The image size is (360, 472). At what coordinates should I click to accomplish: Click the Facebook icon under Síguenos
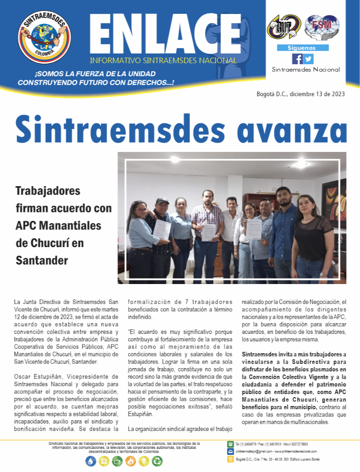pos(297,59)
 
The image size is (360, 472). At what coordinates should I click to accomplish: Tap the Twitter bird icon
pos(308,59)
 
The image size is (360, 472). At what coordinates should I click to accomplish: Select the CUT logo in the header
pos(284,27)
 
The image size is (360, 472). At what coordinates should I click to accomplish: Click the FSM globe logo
pos(322,27)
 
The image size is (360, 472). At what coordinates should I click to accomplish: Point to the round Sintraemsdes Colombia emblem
pos(44,37)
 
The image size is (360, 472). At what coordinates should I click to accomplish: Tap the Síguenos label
pos(302,48)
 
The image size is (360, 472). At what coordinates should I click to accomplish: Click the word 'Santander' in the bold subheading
pos(42,260)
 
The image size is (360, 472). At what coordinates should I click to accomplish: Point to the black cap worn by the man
pos(162,200)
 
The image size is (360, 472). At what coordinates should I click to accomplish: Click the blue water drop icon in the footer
pos(91,460)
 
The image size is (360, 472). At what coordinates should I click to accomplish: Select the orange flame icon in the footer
pos(131,460)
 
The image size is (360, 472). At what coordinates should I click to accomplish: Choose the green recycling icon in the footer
pos(158,460)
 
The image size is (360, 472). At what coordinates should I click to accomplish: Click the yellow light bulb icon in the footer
pos(144,460)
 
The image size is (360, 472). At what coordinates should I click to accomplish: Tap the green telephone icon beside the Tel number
pos(230,444)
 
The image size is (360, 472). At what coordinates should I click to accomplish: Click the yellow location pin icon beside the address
pos(230,459)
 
